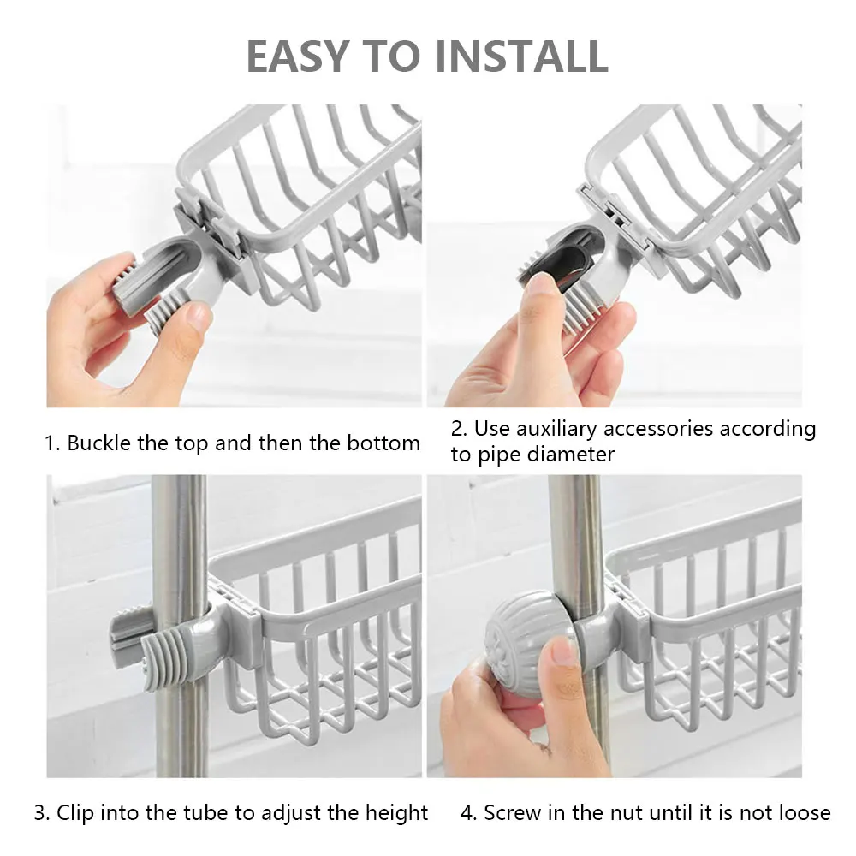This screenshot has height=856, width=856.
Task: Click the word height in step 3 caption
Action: pyautogui.click(x=395, y=812)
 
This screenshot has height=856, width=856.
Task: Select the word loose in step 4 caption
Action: pyautogui.click(x=800, y=812)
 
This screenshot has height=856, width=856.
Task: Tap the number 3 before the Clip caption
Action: pyautogui.click(x=40, y=812)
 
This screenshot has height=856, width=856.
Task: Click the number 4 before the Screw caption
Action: pyautogui.click(x=467, y=812)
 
